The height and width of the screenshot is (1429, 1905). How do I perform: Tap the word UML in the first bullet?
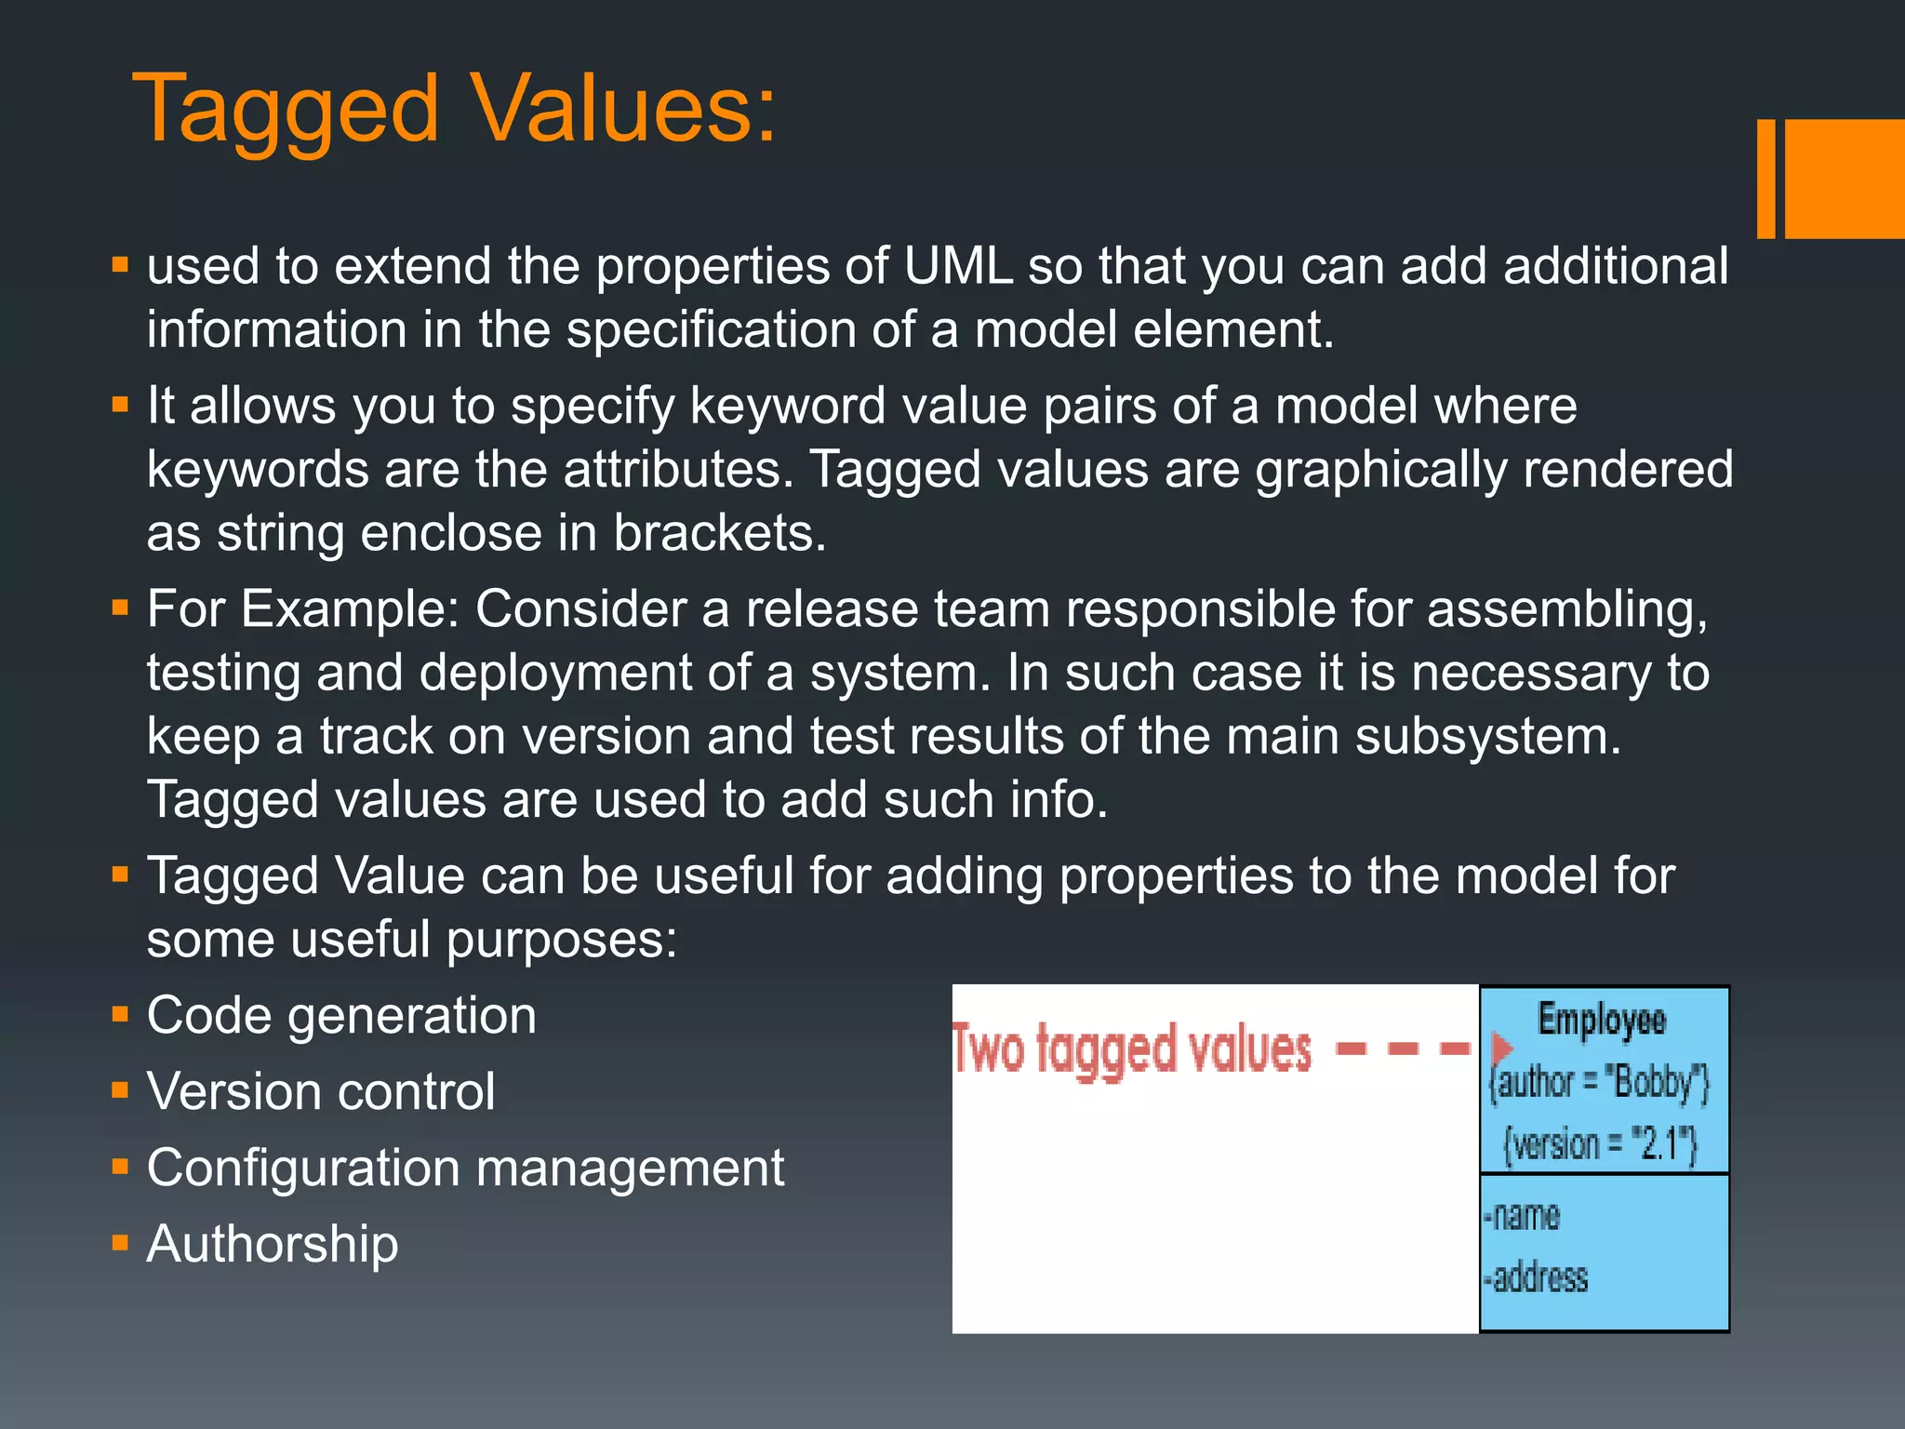click(957, 266)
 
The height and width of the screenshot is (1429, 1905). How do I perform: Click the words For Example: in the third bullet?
click(303, 609)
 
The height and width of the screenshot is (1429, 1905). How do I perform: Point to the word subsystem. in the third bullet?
click(1488, 737)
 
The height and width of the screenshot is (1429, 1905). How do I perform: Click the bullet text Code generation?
click(341, 1015)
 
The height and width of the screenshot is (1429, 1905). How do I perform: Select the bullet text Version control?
click(321, 1091)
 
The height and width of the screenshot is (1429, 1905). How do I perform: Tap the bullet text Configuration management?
click(465, 1168)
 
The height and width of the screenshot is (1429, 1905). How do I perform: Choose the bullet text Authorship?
click(273, 1244)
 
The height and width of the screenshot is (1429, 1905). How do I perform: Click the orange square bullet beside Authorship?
click(120, 1243)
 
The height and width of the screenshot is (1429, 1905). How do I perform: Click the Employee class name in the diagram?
click(1601, 1020)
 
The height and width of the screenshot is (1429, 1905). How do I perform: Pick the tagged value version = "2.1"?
click(1600, 1144)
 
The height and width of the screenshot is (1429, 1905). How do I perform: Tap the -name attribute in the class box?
click(1522, 1216)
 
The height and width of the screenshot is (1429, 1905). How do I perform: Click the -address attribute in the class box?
click(1536, 1277)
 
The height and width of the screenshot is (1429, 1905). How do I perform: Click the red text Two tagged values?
click(1131, 1050)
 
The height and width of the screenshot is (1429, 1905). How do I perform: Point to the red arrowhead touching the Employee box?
click(1499, 1048)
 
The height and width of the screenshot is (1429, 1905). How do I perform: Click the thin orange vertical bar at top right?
click(1765, 179)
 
